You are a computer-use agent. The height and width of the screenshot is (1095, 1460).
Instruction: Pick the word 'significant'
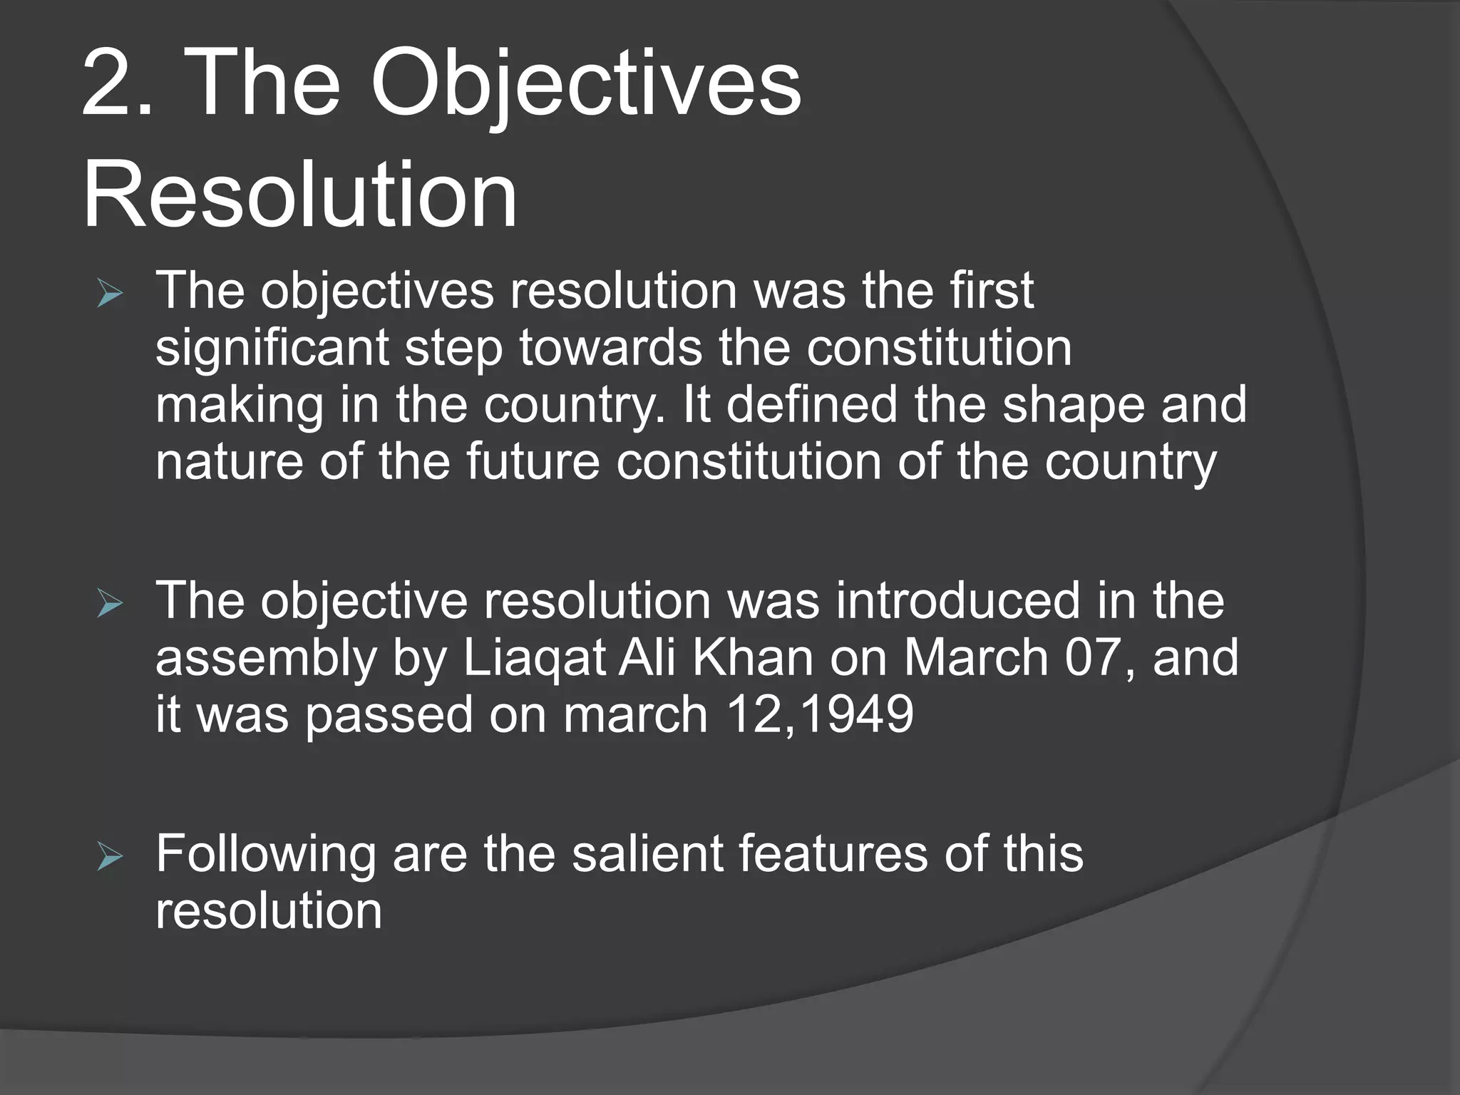(272, 349)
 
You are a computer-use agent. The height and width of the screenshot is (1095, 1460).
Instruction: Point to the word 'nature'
(229, 462)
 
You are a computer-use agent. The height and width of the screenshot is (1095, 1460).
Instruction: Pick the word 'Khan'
(753, 657)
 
